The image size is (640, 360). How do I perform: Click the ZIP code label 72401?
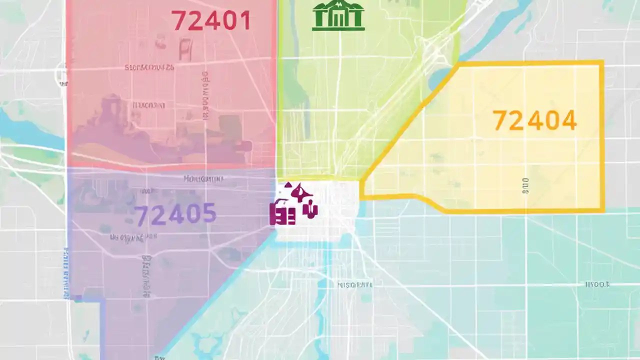tap(210, 20)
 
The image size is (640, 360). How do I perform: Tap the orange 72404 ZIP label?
tap(534, 121)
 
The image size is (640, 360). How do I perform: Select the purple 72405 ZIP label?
tap(175, 214)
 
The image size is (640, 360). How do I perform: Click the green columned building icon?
tap(338, 16)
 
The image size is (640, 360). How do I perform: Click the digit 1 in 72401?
tap(245, 20)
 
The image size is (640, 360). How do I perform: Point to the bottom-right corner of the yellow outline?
tap(602, 210)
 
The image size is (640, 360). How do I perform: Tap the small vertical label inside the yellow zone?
tap(525, 186)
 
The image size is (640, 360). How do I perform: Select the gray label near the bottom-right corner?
tap(597, 284)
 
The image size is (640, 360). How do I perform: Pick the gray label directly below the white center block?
tap(354, 285)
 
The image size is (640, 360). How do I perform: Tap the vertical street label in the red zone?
tap(205, 95)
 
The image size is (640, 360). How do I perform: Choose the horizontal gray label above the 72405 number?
tap(203, 178)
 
